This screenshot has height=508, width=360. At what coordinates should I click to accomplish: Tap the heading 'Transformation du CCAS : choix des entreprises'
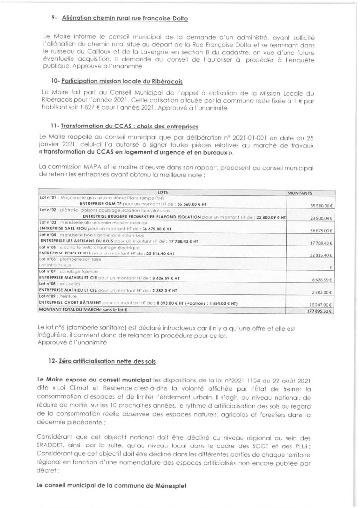130,127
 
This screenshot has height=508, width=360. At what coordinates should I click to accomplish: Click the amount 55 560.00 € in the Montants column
320,205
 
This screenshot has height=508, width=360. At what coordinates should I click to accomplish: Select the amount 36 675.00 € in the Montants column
320,231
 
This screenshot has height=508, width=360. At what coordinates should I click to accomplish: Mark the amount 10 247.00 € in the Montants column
320,303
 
